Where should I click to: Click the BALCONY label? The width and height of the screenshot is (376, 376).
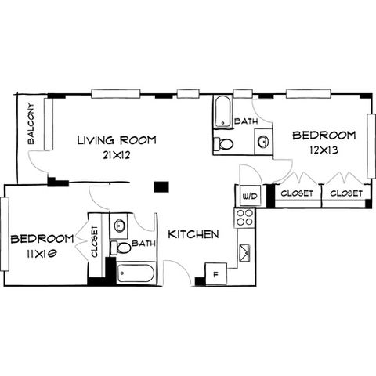31,124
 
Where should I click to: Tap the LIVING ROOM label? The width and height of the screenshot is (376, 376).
117,140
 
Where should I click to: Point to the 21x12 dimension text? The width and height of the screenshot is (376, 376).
117,155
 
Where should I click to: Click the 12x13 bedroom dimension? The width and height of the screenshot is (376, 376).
324,150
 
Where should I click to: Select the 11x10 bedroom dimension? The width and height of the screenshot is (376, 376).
42,254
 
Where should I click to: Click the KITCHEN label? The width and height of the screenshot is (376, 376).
193,234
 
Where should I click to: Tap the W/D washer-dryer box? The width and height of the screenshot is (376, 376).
251,196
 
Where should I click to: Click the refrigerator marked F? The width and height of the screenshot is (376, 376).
216,274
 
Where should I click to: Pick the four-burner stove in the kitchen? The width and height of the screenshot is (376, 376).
244,218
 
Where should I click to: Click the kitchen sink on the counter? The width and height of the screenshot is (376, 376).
245,251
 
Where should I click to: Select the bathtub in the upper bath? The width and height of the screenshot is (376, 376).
222,112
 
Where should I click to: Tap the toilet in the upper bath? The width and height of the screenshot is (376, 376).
222,143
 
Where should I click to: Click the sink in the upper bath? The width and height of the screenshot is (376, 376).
263,142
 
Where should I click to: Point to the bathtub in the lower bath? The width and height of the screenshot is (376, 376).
136,273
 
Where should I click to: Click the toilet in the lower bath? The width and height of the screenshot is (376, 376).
121,248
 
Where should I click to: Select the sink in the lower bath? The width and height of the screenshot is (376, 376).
119,226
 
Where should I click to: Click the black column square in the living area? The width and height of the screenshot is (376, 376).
161,187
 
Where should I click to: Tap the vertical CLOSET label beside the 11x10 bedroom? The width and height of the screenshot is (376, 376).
94,241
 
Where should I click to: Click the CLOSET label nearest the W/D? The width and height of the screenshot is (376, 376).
297,193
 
